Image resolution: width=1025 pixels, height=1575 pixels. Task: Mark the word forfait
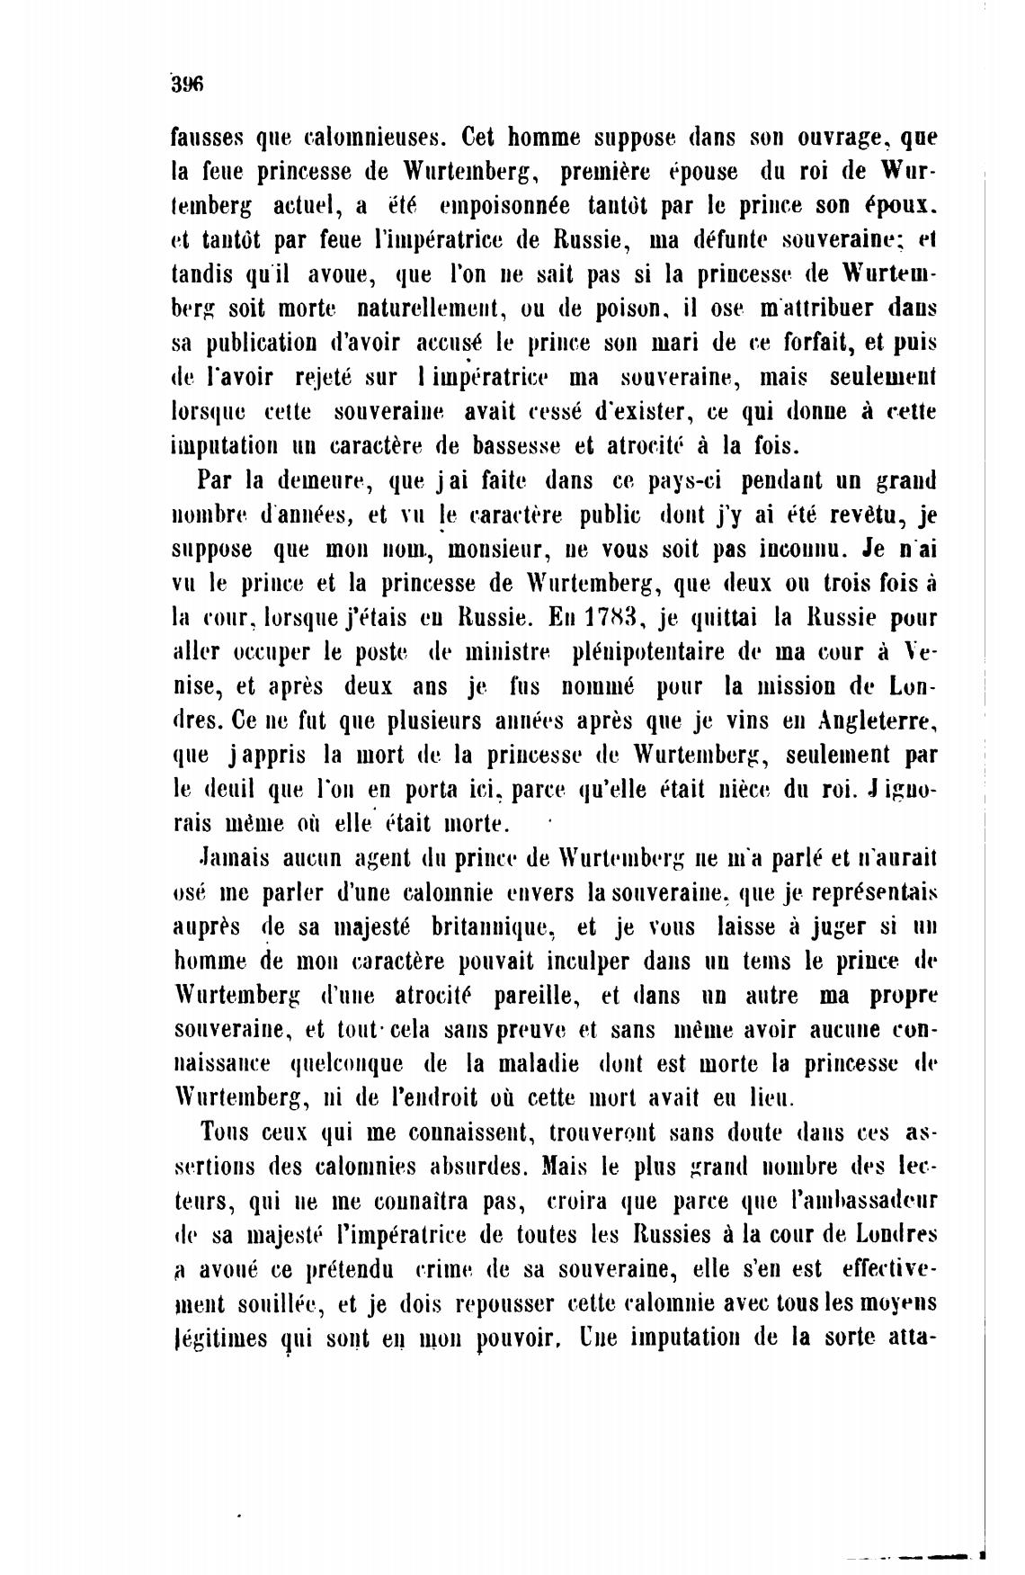click(x=795, y=343)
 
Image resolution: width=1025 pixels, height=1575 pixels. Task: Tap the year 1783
click(x=611, y=617)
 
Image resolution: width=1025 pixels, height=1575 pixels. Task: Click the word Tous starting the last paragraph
click(x=224, y=1132)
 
